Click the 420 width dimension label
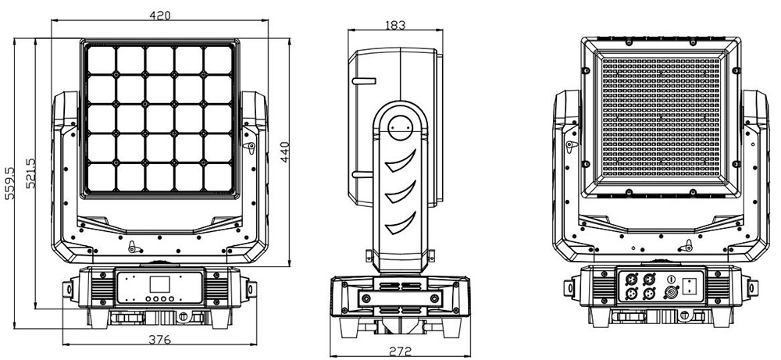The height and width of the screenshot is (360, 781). point(159,16)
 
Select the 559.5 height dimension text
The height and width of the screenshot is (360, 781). point(10,183)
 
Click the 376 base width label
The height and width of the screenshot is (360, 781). point(159,340)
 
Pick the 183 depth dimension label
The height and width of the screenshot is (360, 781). point(395,25)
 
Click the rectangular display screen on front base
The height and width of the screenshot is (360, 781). point(157,283)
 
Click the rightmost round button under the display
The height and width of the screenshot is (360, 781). point(170,299)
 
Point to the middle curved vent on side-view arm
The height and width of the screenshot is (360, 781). point(401,192)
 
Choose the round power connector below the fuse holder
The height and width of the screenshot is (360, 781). point(669,294)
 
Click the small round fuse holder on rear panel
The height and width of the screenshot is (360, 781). point(671,278)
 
